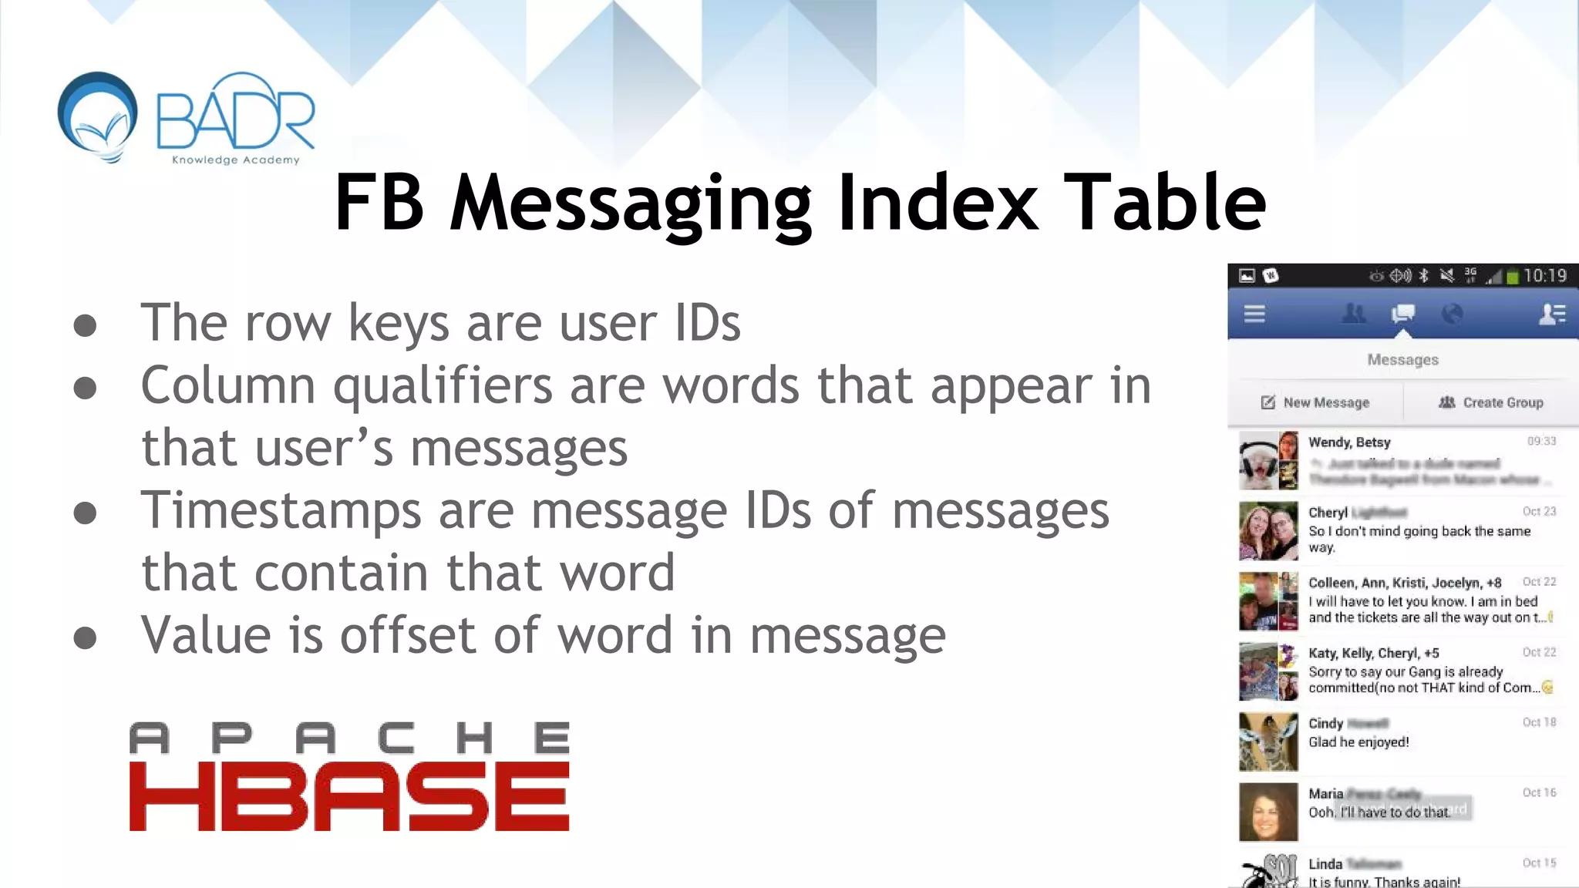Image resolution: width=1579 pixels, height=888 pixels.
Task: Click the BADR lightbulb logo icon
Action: [98, 116]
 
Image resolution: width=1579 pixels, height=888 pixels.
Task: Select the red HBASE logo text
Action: [349, 796]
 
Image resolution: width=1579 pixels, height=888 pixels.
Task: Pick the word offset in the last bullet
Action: [408, 635]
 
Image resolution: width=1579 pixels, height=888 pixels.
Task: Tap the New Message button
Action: [1316, 402]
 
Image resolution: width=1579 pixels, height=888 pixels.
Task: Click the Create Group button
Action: [1491, 402]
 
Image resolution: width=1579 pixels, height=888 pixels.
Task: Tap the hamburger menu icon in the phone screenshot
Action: [1254, 314]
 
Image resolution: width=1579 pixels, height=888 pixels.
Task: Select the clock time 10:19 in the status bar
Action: [1544, 276]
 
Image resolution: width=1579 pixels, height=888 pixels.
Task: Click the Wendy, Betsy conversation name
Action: [1349, 442]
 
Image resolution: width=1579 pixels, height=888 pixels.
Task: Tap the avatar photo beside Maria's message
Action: [1268, 812]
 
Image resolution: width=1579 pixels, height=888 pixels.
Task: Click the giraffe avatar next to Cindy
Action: [1268, 742]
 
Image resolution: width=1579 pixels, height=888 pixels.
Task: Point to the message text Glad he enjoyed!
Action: [1358, 742]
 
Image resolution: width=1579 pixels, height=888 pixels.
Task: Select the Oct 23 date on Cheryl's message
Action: [1539, 512]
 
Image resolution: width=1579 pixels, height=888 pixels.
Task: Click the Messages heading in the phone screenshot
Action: [1402, 360]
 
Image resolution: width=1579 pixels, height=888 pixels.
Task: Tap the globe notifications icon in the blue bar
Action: [1452, 314]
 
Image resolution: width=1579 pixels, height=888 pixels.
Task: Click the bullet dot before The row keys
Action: [85, 325]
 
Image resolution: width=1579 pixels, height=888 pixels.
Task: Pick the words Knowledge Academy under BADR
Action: [235, 160]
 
